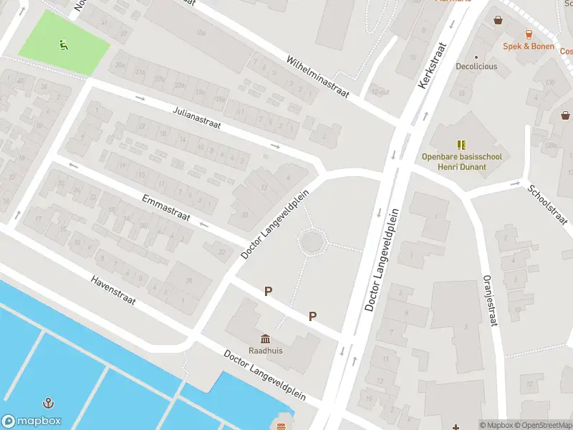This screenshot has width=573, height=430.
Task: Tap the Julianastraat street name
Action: coord(197,119)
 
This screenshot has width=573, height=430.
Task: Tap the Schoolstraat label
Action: coord(547,204)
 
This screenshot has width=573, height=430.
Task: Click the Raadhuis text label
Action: coord(265,351)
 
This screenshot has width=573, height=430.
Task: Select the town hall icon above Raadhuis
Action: coord(265,338)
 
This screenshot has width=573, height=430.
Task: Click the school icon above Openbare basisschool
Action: coord(462,144)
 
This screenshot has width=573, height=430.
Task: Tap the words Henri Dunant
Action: coord(462,167)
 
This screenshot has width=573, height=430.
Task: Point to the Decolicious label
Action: coord(476,67)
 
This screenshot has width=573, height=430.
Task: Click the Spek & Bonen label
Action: coord(529,46)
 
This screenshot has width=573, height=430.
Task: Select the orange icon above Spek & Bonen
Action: coord(529,34)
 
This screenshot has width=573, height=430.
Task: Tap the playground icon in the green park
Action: coord(64,45)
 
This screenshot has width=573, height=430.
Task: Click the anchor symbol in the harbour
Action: coord(49,403)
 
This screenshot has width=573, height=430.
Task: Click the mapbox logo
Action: coord(32,421)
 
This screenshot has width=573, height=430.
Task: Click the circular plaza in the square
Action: coord(313,242)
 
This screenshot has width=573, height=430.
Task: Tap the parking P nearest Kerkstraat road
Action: coord(313,316)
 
